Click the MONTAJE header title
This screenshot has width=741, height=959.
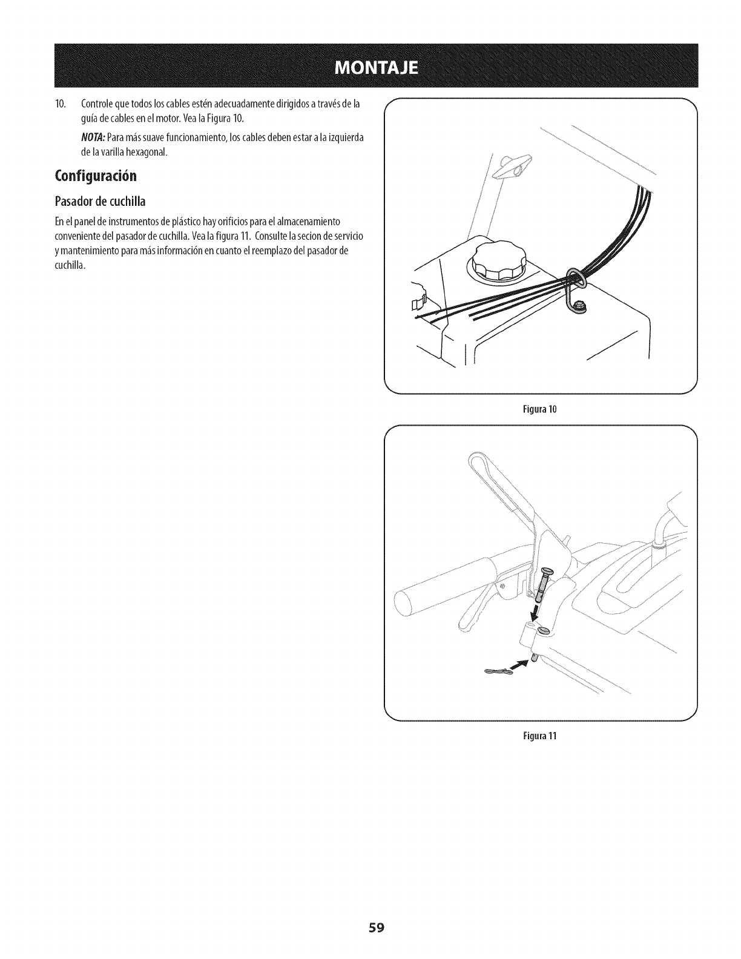(370, 66)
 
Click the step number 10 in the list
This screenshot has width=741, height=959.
(59, 104)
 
